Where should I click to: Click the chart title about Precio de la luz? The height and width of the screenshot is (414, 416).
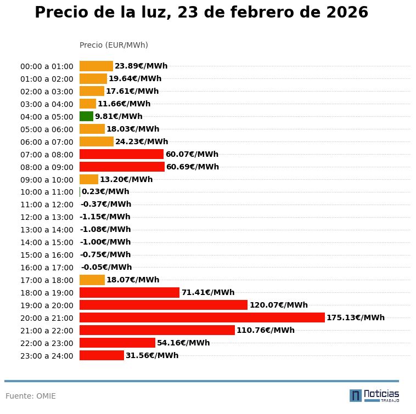click(201, 13)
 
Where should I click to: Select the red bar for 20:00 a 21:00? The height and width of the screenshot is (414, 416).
click(202, 317)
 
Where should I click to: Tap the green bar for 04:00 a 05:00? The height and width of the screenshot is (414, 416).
click(86, 116)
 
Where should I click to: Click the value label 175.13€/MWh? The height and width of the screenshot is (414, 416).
click(355, 317)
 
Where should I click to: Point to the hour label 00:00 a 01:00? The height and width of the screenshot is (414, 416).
click(47, 66)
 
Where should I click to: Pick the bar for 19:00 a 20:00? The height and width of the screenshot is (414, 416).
click(164, 305)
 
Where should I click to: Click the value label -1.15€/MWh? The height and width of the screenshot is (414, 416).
click(105, 217)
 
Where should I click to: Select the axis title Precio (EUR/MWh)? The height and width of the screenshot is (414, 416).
click(114, 45)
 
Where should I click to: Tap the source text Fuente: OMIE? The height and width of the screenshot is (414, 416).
click(31, 396)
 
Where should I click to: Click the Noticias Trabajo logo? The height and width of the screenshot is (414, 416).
click(374, 395)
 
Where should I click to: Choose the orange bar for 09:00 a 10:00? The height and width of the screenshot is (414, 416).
click(89, 179)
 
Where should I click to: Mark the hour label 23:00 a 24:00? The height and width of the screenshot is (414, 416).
click(47, 356)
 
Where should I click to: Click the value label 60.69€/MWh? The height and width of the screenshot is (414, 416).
click(192, 167)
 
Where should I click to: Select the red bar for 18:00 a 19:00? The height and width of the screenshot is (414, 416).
click(130, 292)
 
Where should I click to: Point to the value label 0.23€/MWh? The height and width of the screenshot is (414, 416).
click(105, 192)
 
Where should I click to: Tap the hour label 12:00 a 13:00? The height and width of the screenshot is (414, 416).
click(47, 217)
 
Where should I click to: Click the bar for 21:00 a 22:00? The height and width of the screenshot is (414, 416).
click(157, 330)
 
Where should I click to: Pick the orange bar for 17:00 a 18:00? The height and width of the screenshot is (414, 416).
click(92, 280)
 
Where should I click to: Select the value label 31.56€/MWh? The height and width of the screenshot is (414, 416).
click(151, 355)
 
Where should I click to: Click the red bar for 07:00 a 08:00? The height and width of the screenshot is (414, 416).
click(121, 154)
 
